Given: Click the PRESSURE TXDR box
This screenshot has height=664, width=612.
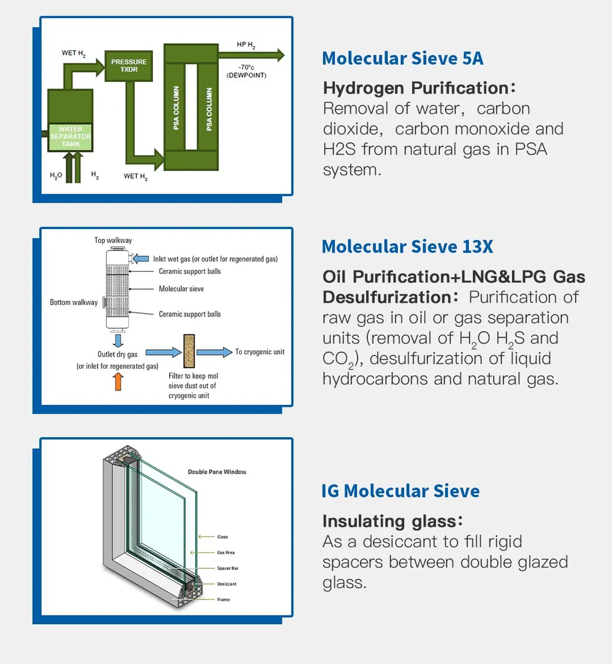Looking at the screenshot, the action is click(129, 66).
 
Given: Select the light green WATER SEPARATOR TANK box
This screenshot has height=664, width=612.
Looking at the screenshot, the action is click(70, 137).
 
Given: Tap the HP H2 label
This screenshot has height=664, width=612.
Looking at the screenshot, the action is click(246, 45).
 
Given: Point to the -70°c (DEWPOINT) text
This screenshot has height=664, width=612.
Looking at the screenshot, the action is click(246, 71).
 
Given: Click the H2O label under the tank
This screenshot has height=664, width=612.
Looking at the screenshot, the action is click(56, 176).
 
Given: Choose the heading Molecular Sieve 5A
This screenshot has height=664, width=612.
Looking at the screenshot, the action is click(402, 58).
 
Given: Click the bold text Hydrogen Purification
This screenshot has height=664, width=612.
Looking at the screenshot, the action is click(416, 88).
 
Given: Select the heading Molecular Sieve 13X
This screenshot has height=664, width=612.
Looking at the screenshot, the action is click(407, 246).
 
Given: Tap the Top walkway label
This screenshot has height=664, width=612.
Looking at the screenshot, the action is click(113, 240).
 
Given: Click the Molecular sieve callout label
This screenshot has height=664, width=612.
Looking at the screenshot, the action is click(181, 289).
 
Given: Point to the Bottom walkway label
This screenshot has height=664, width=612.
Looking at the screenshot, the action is click(74, 302).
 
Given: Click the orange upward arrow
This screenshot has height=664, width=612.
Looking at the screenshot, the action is click(118, 381).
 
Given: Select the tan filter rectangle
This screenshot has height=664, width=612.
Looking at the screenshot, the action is click(189, 351).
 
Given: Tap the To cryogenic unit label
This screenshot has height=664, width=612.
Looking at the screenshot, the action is click(260, 352).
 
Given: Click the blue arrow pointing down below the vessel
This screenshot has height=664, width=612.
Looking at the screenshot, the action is click(118, 340).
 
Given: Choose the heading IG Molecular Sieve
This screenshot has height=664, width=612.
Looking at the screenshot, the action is click(401, 492).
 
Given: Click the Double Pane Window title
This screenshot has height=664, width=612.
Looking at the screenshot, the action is click(217, 472).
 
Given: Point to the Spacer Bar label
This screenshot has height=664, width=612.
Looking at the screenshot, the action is click(227, 568).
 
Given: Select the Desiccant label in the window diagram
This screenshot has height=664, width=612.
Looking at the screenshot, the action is click(227, 584).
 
